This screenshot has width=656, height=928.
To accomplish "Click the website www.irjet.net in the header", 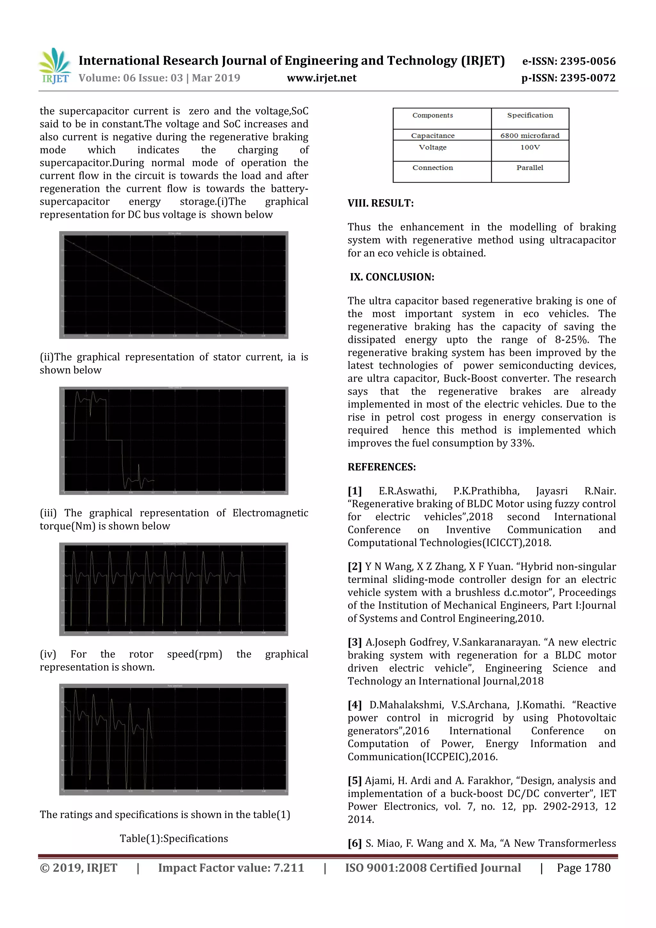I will [322, 78].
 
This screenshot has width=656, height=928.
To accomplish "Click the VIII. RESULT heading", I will [381, 203].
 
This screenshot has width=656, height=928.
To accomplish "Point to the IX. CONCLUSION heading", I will [392, 277].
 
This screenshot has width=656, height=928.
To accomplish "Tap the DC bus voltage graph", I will [174, 285].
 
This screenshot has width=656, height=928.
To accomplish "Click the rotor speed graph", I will [174, 740].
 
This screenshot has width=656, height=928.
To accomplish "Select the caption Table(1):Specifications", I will [174, 839].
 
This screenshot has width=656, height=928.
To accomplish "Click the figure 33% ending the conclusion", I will [521, 443].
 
